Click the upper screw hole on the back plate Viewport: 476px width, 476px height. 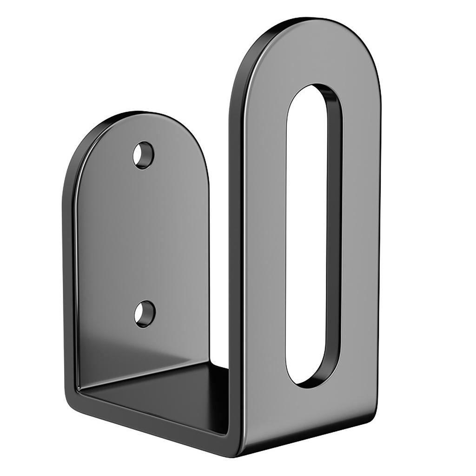(x=143, y=155)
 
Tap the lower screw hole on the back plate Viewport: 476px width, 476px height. (x=144, y=314)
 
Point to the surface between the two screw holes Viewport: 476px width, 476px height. (x=144, y=232)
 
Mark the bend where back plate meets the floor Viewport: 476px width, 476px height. (x=139, y=372)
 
